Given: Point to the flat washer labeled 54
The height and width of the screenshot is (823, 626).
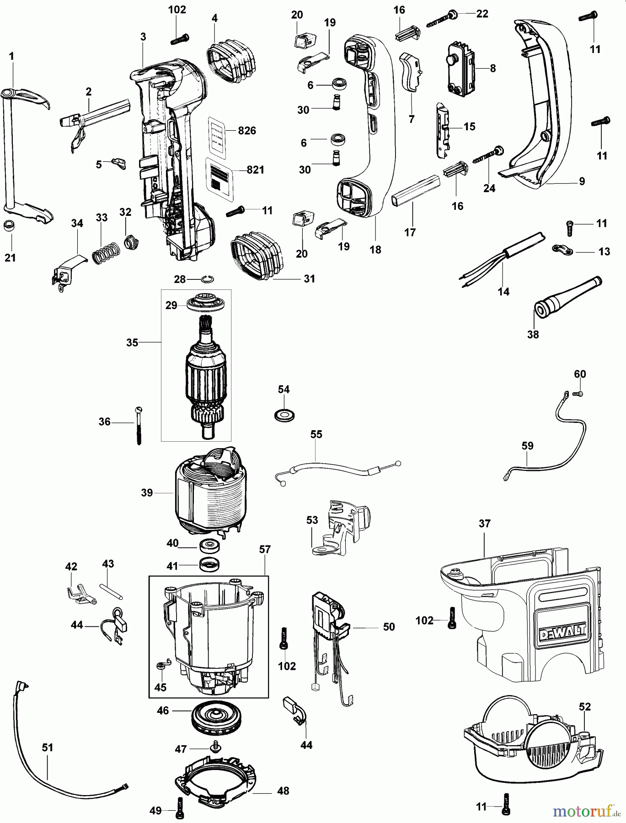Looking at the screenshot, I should pyautogui.click(x=284, y=415).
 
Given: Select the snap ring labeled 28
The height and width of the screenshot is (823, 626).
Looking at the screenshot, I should pyautogui.click(x=207, y=278).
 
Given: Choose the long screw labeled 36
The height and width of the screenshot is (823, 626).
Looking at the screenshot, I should pyautogui.click(x=139, y=425).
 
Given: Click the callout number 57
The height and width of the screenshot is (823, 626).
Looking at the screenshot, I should pyautogui.click(x=265, y=550).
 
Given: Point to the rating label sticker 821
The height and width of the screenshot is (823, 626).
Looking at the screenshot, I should pyautogui.click(x=219, y=175).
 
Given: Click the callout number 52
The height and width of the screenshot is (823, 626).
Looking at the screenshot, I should pyautogui.click(x=585, y=706).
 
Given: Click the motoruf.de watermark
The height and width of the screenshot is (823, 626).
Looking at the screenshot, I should pyautogui.click(x=586, y=812).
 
